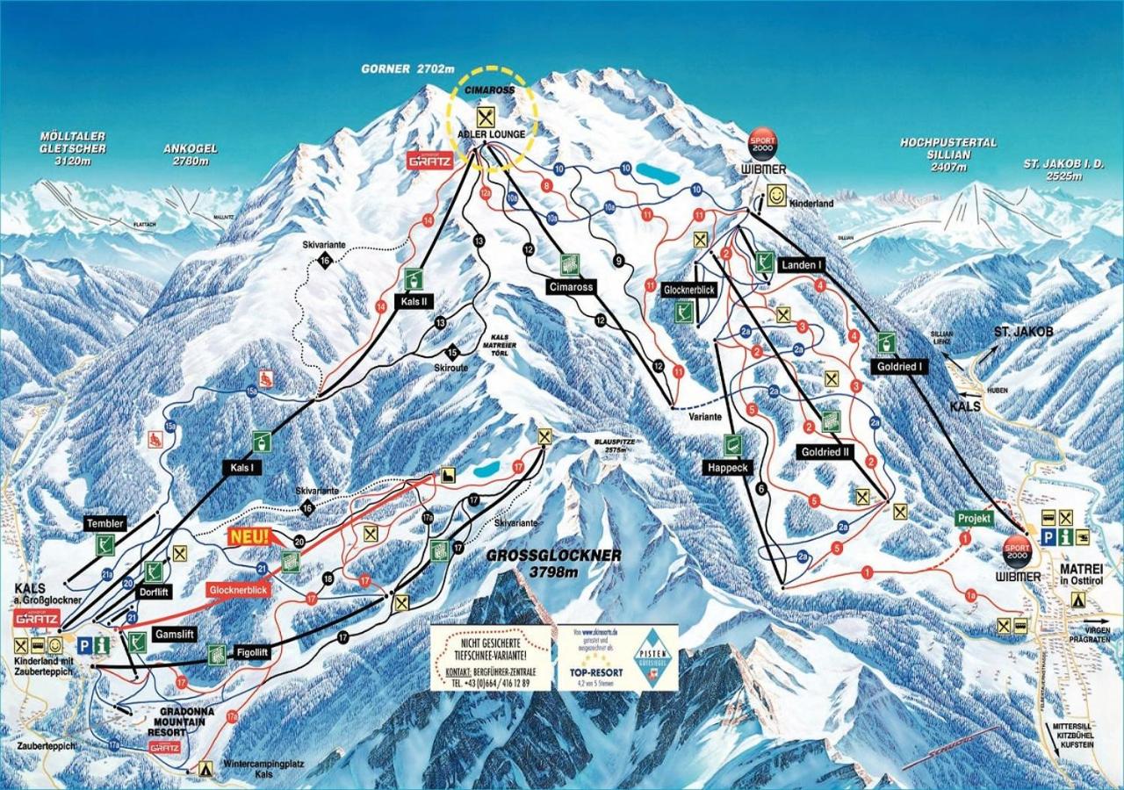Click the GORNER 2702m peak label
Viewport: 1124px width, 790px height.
[407, 68]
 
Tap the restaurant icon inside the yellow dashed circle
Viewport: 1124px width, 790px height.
[486, 116]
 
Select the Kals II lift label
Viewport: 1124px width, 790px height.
[413, 302]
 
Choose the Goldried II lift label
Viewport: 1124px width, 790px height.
[826, 451]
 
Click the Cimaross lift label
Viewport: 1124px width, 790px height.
[570, 287]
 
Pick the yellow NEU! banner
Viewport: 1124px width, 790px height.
[249, 535]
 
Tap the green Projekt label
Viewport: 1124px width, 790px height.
[974, 519]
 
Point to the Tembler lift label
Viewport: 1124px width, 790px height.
[104, 524]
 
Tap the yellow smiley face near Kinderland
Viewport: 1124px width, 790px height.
[775, 195]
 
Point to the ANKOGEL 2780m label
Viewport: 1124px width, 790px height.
[190, 154]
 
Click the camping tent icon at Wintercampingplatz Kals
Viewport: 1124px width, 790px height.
[206, 768]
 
